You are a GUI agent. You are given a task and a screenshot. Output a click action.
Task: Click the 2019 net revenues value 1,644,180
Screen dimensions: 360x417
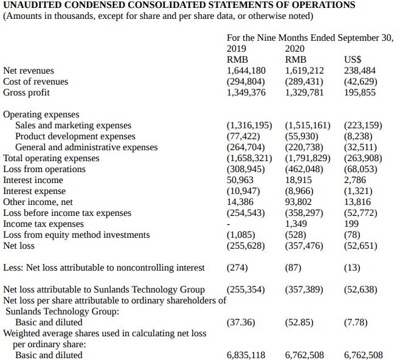pyautogui.click(x=246, y=71)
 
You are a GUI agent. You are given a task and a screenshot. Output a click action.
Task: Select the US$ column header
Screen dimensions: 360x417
pyautogui.click(x=353, y=60)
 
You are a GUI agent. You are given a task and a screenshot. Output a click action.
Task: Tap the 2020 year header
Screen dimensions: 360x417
pyautogui.click(x=294, y=49)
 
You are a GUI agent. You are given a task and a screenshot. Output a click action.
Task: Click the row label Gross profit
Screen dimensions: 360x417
pyautogui.click(x=27, y=92)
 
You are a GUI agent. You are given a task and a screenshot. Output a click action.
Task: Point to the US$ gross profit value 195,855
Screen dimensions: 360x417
pyautogui.click(x=360, y=92)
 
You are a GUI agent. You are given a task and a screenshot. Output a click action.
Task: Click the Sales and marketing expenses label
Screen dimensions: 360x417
pyautogui.click(x=73, y=125)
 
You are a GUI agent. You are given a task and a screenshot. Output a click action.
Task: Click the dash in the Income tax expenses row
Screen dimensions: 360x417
pyautogui.click(x=228, y=224)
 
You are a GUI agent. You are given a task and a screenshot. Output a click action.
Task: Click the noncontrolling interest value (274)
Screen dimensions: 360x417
pyautogui.click(x=238, y=268)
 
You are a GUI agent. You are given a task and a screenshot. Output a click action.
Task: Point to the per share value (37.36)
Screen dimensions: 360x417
pyautogui.click(x=240, y=322)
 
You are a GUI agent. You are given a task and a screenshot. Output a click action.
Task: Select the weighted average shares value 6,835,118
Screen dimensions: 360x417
pyautogui.click(x=246, y=355)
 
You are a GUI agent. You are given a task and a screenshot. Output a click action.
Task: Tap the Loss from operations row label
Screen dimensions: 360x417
pyautogui.click(x=44, y=169)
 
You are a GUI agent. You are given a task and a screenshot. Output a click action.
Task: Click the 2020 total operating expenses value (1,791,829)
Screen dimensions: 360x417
pyautogui.click(x=308, y=158)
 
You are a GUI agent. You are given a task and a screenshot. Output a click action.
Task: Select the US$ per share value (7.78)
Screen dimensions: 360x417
pyautogui.click(x=356, y=322)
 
